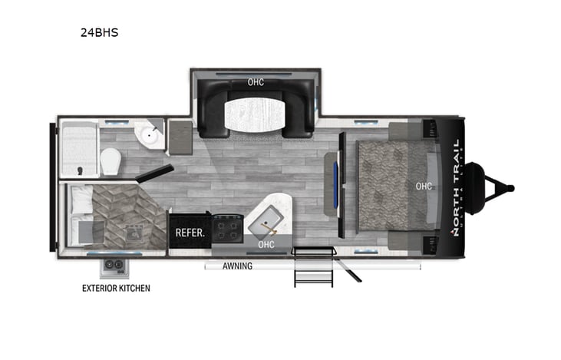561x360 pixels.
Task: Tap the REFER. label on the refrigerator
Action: [x=188, y=232]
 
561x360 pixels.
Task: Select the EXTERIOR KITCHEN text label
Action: [x=117, y=289]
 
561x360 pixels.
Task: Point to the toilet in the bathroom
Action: [x=112, y=160]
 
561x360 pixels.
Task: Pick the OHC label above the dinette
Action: [x=256, y=82]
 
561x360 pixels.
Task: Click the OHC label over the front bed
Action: [x=423, y=184]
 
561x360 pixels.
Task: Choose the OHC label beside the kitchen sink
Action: [x=266, y=245]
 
